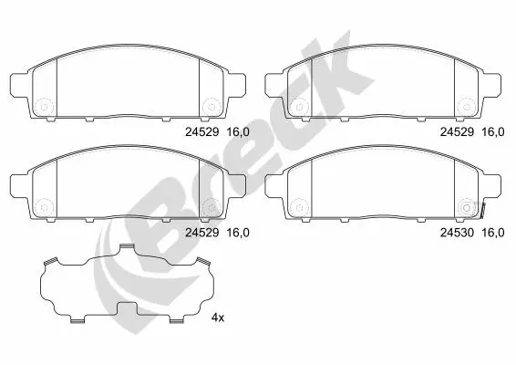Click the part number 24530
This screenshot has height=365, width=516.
pyautogui.click(x=457, y=233)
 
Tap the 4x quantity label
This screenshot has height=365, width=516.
pyautogui.click(x=218, y=318)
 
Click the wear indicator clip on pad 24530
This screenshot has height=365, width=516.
pyautogui.click(x=482, y=211)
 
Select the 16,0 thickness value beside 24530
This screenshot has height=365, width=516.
pyautogui.click(x=493, y=233)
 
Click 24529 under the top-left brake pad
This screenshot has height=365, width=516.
pyautogui.click(x=202, y=132)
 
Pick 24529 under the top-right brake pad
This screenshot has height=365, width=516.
pyautogui.click(x=457, y=132)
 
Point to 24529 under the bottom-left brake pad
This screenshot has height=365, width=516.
pyautogui.click(x=202, y=233)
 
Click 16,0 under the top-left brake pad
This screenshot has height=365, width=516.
pyautogui.click(x=238, y=132)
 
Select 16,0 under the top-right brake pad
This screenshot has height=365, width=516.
pyautogui.click(x=493, y=132)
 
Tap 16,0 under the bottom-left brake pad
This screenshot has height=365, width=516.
pyautogui.click(x=238, y=233)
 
